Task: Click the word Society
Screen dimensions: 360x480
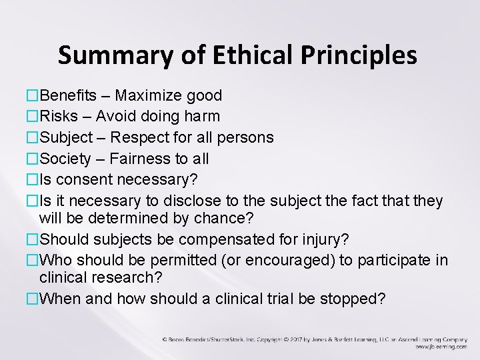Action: [66, 158]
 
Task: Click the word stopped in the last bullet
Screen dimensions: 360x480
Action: [353, 299]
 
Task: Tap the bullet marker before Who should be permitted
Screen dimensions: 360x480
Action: [33, 259]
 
